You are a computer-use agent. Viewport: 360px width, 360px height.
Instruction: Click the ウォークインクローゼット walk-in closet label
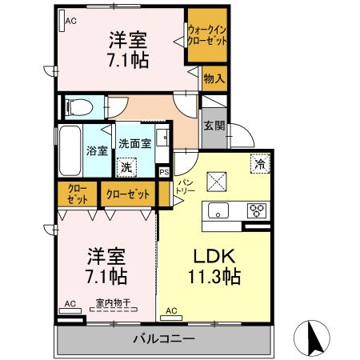click(207, 36)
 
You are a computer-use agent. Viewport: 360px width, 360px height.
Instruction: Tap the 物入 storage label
click(214, 78)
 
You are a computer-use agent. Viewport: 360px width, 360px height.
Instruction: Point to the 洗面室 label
click(134, 144)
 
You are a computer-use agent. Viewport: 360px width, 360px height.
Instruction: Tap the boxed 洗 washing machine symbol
click(126, 168)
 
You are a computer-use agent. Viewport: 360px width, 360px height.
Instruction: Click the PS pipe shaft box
click(164, 172)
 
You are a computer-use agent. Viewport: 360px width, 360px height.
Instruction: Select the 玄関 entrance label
click(214, 126)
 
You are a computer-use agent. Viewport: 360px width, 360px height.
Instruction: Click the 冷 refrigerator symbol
click(259, 162)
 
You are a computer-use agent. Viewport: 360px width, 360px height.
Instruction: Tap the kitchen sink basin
click(218, 211)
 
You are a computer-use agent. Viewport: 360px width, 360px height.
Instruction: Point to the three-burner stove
click(258, 210)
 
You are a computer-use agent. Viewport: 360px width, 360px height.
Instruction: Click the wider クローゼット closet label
click(128, 194)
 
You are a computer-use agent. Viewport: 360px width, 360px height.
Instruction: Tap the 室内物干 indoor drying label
click(114, 302)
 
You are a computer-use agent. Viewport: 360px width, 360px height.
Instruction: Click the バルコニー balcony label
click(163, 339)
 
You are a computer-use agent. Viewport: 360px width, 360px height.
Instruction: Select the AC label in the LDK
click(171, 310)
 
